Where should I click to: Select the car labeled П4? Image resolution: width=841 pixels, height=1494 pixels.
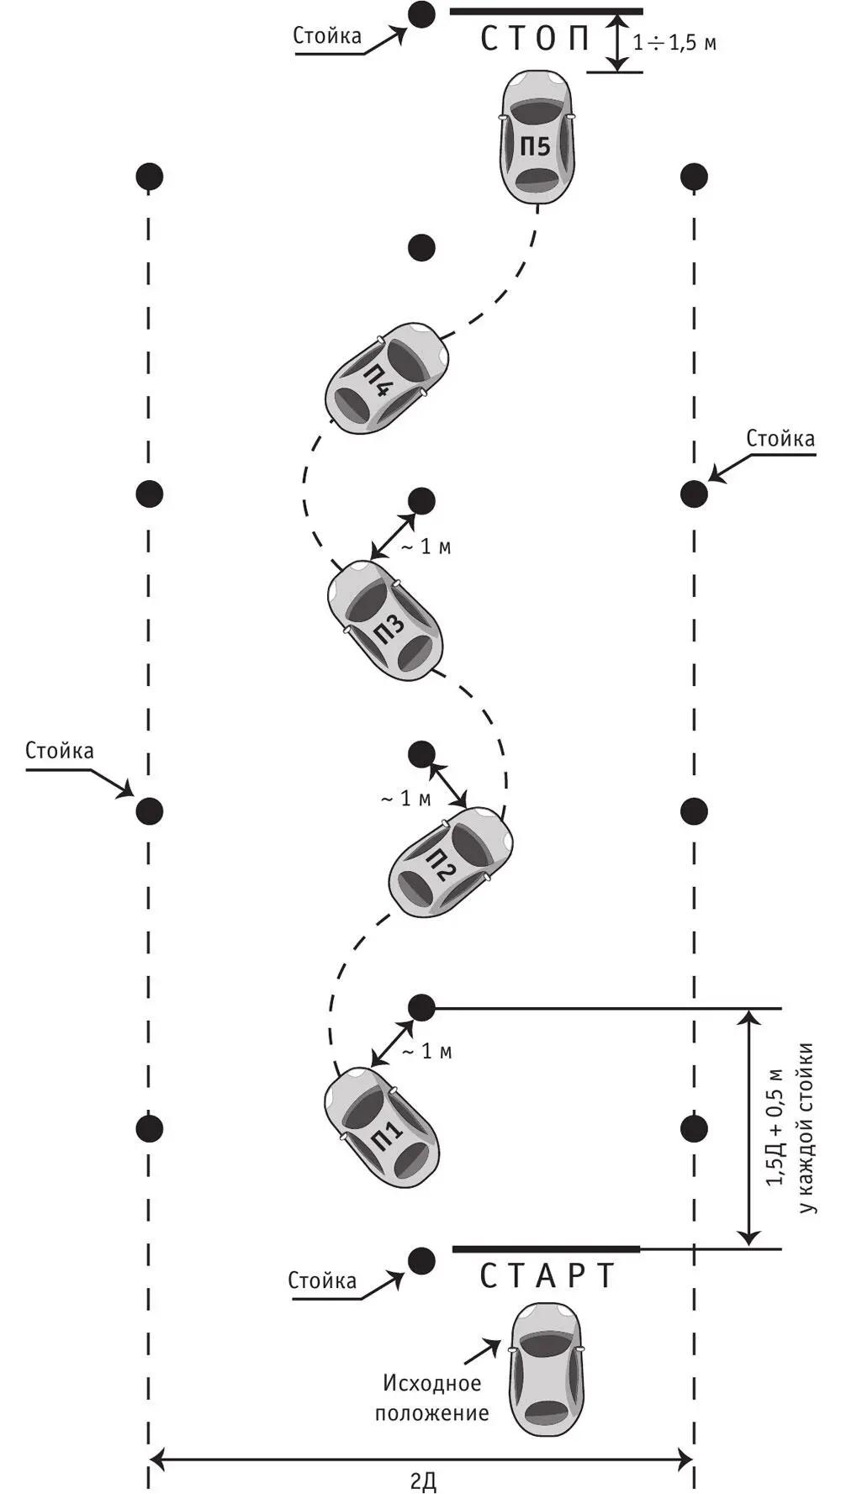tap(387, 377)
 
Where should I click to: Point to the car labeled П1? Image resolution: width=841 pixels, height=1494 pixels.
tap(382, 1127)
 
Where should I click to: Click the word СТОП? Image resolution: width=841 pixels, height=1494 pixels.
tap(536, 40)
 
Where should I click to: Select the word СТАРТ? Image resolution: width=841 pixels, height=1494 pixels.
tap(547, 1276)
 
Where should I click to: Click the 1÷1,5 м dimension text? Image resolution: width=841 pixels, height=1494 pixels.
tap(675, 43)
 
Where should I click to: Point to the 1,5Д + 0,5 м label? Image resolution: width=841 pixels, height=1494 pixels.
tap(775, 1127)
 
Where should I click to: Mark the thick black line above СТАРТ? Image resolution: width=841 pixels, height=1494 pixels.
tap(546, 1249)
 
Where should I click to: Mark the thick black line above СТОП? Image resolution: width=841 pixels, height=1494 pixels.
tap(546, 12)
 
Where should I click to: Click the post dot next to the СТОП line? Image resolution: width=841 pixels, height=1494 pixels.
tap(420, 13)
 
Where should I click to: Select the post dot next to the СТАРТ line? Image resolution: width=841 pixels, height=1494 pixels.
tap(420, 1259)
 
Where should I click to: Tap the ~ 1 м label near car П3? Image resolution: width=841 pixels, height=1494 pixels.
tap(425, 547)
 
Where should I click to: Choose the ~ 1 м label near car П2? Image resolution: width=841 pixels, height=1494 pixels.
tap(405, 798)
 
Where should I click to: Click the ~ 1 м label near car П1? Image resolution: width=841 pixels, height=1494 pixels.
tap(426, 1051)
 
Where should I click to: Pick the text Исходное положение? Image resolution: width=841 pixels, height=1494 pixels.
tap(432, 1397)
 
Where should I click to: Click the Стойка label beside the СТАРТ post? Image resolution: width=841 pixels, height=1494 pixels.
tap(322, 1280)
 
